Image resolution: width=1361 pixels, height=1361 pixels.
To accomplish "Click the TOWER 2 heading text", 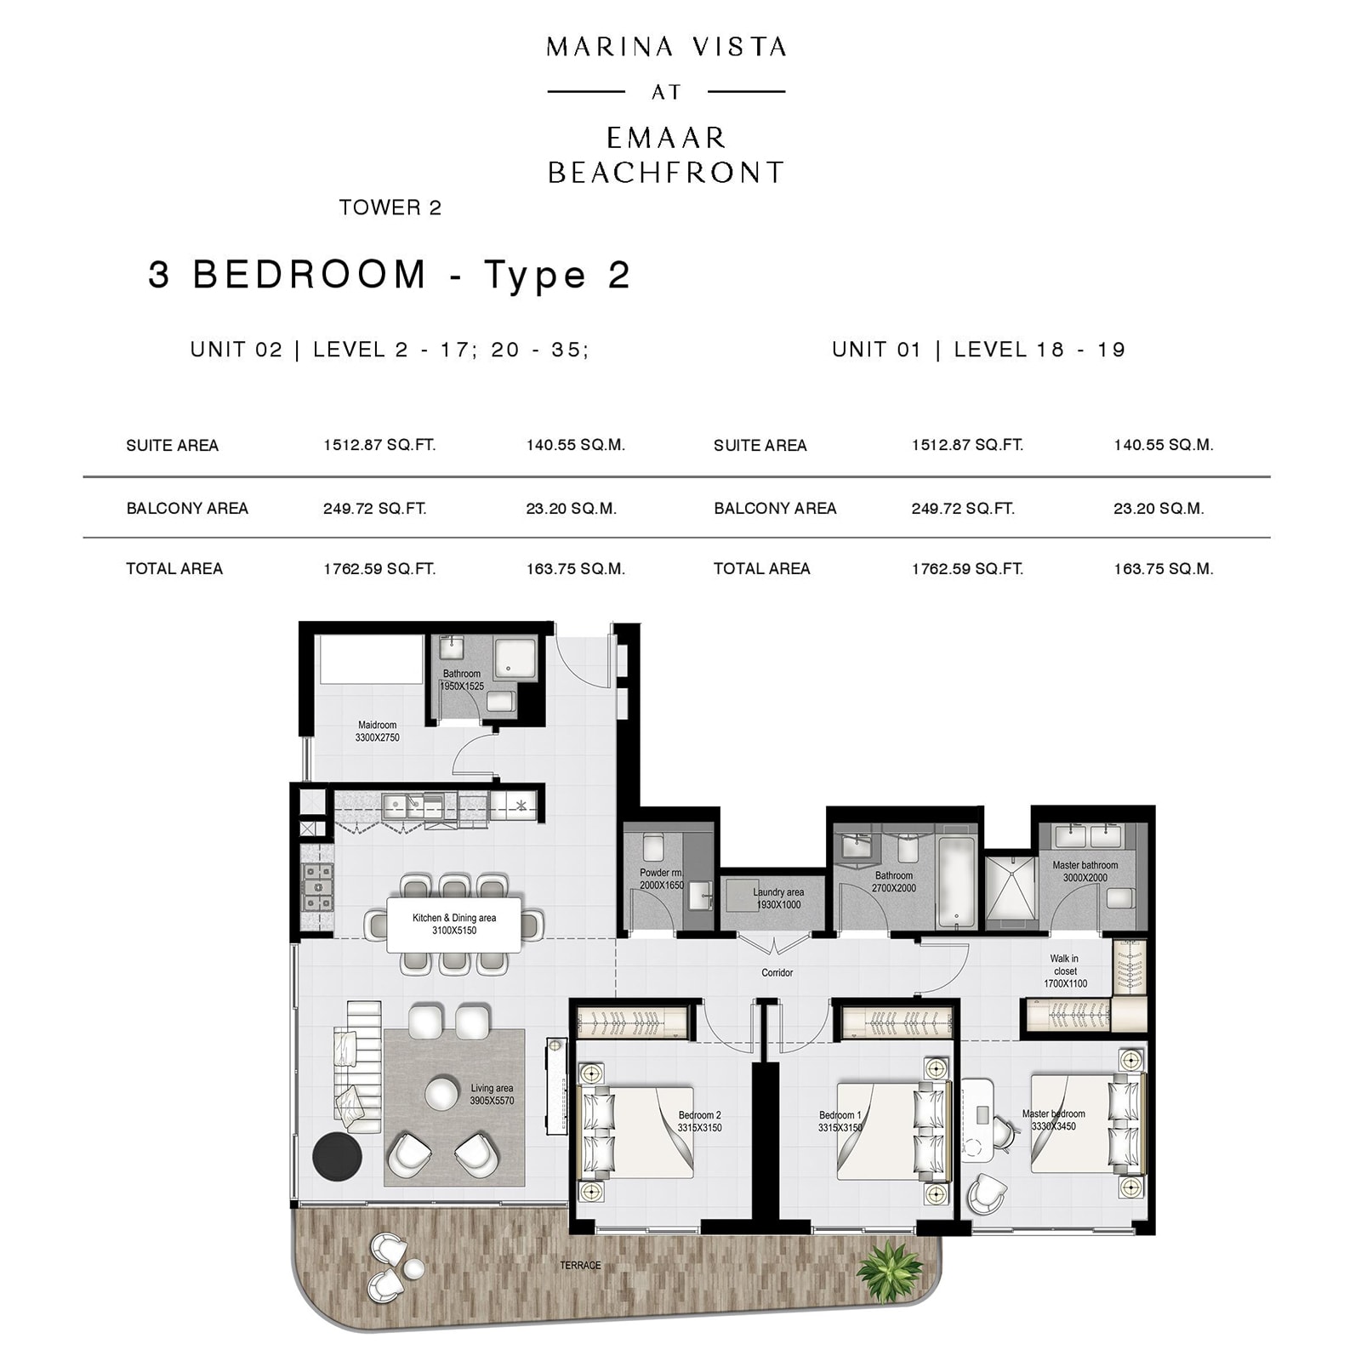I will tap(390, 208).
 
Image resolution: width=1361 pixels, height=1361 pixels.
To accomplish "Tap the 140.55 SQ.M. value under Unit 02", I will tap(575, 445).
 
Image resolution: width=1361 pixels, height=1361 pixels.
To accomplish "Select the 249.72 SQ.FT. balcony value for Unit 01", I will tap(962, 509).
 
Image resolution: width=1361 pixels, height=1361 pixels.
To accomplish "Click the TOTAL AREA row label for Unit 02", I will tap(174, 569).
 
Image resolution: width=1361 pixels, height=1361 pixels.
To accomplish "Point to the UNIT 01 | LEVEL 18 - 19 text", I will tap(978, 350).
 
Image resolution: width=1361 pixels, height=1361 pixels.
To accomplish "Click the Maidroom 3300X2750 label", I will tap(377, 732).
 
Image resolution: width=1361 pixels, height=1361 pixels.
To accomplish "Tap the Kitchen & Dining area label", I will tap(453, 924).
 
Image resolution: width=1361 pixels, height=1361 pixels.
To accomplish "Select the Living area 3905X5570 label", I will tap(492, 1094).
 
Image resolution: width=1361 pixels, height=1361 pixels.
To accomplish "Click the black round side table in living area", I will tap(337, 1156).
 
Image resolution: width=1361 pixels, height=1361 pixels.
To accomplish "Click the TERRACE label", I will tap(580, 1266).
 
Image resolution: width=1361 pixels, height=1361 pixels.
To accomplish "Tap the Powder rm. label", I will tap(662, 879).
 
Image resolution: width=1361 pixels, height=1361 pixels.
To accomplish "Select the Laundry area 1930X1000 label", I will tap(777, 898).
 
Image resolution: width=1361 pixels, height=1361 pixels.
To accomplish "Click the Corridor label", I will tap(777, 972).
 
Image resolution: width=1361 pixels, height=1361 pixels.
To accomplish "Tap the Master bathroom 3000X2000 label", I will tap(1085, 871).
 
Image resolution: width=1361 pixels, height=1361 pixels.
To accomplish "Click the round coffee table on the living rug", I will tap(441, 1093).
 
